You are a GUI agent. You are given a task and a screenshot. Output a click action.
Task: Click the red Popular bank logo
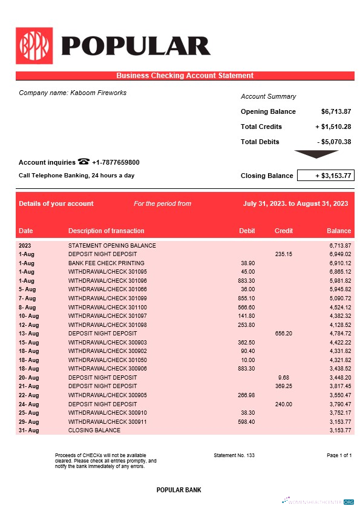(34, 45)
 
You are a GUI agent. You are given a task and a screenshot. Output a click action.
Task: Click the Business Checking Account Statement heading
(185, 76)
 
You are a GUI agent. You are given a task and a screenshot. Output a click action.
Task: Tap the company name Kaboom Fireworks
(73, 93)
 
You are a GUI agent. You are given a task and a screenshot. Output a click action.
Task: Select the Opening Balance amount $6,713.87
(336, 111)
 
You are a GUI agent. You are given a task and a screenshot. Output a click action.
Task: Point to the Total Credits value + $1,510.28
(333, 127)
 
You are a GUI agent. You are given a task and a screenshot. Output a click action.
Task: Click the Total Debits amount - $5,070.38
(334, 142)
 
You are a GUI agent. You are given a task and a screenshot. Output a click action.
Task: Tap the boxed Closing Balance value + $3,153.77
(325, 176)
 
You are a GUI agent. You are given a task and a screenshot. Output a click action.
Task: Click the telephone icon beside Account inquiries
(83, 162)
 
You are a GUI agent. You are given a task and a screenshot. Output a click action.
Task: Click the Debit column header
(247, 231)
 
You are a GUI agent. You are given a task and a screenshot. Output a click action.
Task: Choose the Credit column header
(284, 231)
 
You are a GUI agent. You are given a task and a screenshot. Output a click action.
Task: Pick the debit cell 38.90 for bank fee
(247, 263)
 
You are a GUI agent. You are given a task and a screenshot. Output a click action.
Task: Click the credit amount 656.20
(284, 333)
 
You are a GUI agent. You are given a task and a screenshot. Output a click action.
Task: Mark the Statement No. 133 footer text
(234, 455)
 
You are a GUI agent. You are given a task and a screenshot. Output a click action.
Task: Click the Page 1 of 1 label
(339, 455)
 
